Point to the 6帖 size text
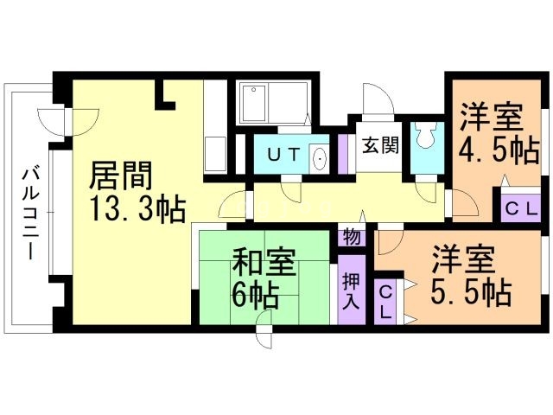pos(254,296)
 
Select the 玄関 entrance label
pos(380,145)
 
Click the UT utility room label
pos(283,156)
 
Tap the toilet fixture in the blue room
pos(426,136)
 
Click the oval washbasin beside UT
pos(319,159)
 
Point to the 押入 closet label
pos(351,292)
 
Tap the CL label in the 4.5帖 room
pos(520,208)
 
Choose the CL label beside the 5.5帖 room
pos(387,303)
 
